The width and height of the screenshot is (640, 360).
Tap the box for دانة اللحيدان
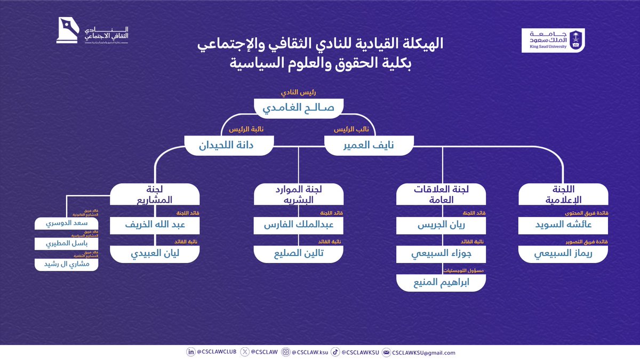tap(229, 145)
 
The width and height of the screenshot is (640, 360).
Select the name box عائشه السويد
tap(563, 225)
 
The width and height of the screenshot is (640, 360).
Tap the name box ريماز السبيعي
tap(563, 254)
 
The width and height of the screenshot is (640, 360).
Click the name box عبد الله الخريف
tap(155, 225)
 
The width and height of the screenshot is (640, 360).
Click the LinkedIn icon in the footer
tap(190, 352)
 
